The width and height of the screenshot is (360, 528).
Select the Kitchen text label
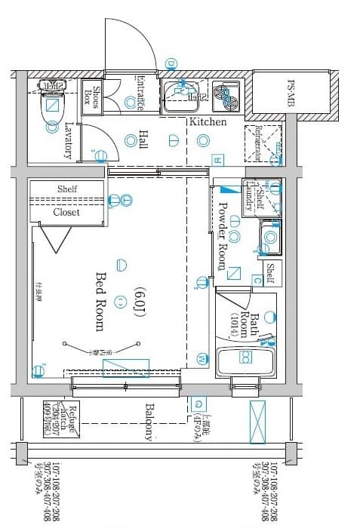tap(208, 121)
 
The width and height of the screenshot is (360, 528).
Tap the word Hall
tap(143, 140)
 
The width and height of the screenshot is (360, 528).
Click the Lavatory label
tap(69, 140)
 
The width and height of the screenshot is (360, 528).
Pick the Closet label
tap(66, 212)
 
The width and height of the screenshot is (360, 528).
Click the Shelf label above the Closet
tap(67, 189)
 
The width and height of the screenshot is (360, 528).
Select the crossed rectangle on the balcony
tap(257, 422)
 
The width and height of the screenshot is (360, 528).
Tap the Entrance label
tap(141, 94)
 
